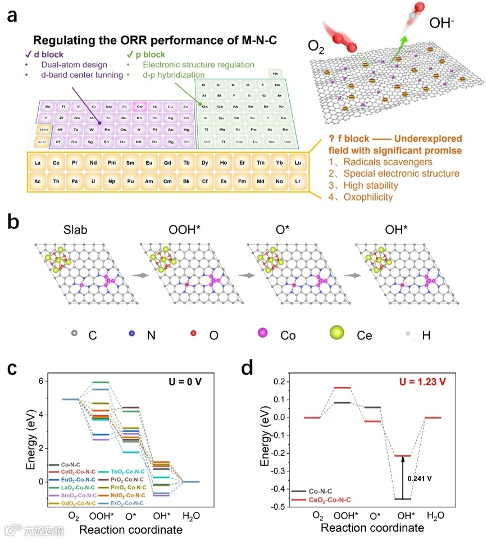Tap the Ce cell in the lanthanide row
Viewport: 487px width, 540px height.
pos(56,164)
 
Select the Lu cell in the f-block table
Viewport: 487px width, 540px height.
pos(298,164)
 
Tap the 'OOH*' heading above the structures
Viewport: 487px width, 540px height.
pos(183,230)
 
